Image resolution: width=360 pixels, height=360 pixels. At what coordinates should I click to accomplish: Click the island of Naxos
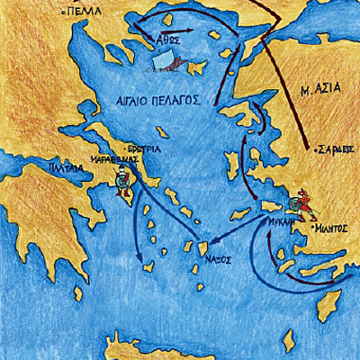point(202,247)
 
